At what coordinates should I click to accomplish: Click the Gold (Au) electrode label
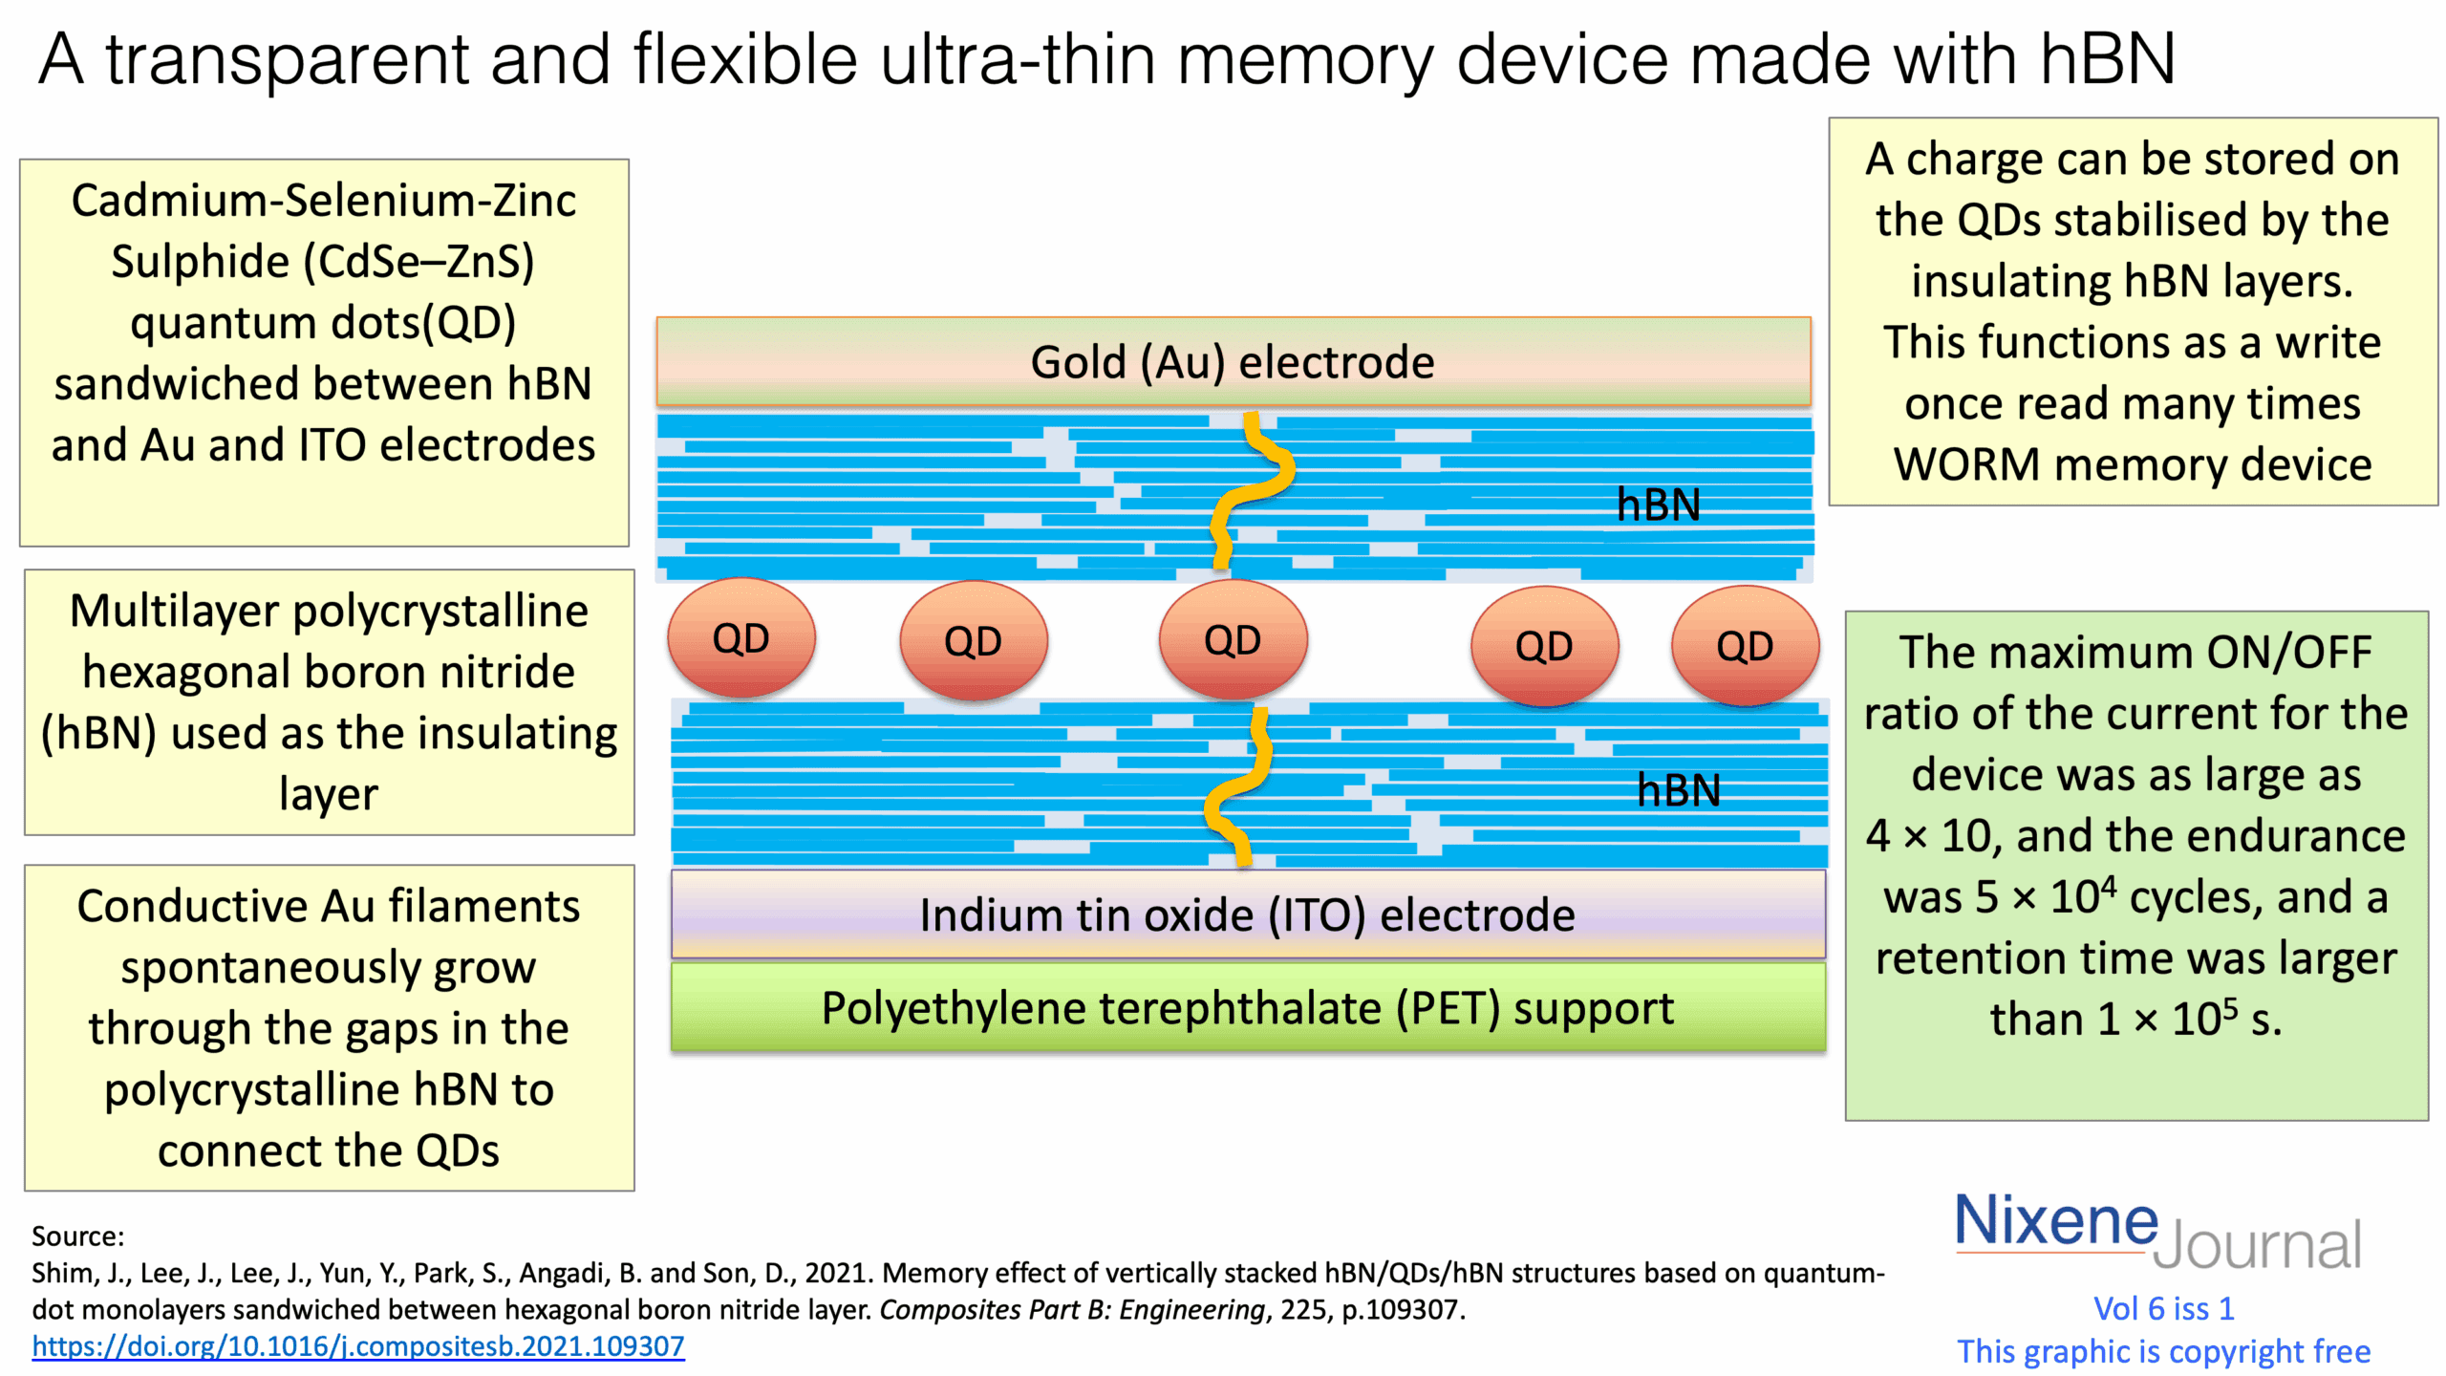pos(1232,362)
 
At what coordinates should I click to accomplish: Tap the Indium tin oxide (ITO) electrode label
pos(1246,914)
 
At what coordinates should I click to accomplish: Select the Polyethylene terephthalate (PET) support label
pos(1246,1008)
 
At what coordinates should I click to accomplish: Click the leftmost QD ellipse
pos(740,637)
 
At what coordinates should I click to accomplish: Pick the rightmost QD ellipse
pos(1744,645)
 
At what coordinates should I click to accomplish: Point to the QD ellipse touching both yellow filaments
pos(1232,639)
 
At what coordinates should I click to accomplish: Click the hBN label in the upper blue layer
pos(1658,504)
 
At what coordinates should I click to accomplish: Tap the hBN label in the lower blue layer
pos(1678,789)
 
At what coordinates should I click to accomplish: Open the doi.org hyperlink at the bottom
pos(358,1346)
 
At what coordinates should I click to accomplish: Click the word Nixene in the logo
pos(2055,1220)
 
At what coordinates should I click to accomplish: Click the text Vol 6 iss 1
pos(2163,1308)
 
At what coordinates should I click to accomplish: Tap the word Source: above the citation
pos(78,1236)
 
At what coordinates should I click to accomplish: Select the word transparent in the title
pos(287,59)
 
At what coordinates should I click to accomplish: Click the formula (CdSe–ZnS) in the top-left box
pos(418,261)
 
